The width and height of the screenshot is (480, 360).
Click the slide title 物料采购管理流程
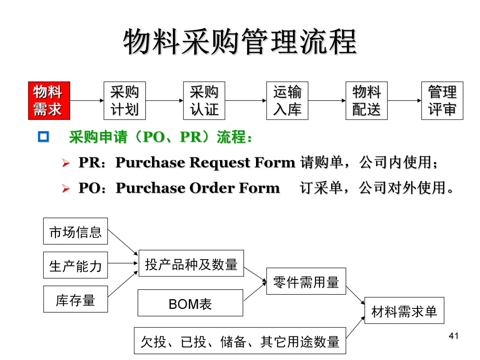point(240,42)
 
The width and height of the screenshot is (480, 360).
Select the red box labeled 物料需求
point(49,101)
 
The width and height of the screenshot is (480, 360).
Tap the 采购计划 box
point(124,101)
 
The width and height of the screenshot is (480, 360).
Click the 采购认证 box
point(204,101)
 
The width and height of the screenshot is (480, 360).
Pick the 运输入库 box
point(287,101)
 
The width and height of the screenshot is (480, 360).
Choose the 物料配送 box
point(366,101)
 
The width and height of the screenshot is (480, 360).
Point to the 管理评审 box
point(442,101)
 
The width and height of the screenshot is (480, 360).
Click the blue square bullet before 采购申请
point(43,137)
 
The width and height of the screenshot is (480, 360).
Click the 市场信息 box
point(75,231)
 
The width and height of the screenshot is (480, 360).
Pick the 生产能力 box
point(75,265)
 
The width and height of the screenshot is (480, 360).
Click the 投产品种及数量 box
point(191,264)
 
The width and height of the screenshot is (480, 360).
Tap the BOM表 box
point(190,303)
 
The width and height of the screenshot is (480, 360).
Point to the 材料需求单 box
point(404,310)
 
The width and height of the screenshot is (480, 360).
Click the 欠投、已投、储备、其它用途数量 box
point(240,340)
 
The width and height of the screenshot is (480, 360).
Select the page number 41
point(453,336)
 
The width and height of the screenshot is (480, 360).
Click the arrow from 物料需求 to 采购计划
point(87,101)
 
